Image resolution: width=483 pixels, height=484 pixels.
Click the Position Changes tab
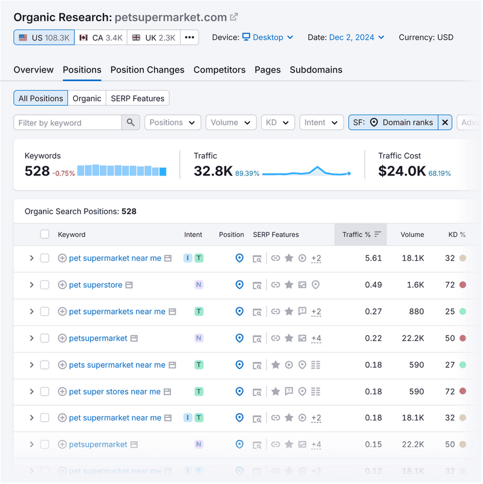[x=147, y=70]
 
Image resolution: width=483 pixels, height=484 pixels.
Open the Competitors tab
[x=219, y=70]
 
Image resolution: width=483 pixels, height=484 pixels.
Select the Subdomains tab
[x=316, y=70]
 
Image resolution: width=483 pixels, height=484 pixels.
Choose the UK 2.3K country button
[x=154, y=38]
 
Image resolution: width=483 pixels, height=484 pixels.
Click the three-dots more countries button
[x=190, y=38]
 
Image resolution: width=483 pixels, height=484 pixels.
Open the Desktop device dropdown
[x=268, y=38]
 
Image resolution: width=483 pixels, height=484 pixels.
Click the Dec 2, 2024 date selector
[x=357, y=38]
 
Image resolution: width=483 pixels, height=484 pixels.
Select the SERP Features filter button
[x=137, y=98]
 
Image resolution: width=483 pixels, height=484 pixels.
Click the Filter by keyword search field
[x=68, y=123]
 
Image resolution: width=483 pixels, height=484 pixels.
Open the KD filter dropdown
[x=278, y=123]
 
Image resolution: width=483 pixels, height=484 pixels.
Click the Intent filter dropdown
[x=322, y=123]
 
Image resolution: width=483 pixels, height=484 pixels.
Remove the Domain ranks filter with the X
[x=445, y=123]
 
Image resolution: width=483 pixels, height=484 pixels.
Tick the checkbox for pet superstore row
[x=45, y=285]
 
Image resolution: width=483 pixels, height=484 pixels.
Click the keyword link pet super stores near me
[x=115, y=391]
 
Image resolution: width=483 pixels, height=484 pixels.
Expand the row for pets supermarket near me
[x=31, y=365]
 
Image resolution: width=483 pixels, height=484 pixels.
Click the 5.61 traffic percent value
[x=374, y=258]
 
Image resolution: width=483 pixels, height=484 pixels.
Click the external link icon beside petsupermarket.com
[x=234, y=17]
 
